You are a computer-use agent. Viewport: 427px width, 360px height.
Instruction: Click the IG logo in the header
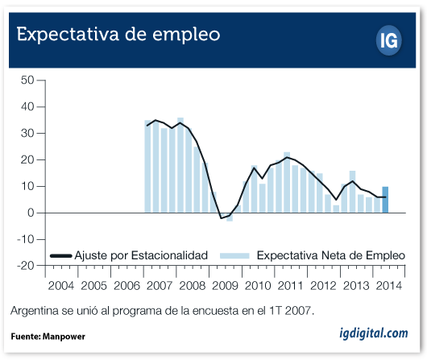click(389, 40)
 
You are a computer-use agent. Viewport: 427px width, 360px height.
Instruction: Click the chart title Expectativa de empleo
click(118, 35)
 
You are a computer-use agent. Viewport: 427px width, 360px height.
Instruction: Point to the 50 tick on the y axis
click(27, 80)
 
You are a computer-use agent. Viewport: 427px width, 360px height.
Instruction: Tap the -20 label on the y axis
click(25, 265)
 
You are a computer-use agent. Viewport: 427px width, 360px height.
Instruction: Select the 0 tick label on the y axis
click(31, 213)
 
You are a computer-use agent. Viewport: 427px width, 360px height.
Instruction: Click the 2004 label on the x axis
click(61, 286)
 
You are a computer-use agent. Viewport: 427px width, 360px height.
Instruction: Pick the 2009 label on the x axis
click(225, 286)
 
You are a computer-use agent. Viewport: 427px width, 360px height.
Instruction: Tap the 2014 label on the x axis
click(389, 286)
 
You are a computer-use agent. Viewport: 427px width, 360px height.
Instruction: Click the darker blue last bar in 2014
click(385, 200)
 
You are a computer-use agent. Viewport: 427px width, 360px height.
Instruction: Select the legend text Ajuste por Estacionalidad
click(141, 255)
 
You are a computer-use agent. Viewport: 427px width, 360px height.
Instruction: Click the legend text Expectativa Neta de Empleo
click(331, 255)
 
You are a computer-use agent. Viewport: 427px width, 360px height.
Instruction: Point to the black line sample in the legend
click(61, 255)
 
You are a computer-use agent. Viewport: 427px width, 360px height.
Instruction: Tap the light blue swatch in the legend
click(234, 255)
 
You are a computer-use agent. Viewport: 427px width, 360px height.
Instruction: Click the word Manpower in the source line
click(64, 337)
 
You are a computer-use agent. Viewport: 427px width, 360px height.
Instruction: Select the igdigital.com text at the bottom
click(374, 333)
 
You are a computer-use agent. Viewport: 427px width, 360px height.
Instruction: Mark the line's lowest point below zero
click(221, 218)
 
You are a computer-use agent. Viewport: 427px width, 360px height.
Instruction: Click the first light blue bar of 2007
click(147, 167)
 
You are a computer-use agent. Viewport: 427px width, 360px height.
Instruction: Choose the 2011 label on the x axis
click(290, 286)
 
